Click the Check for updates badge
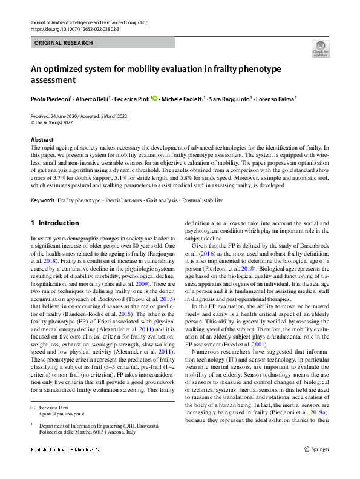[x=321, y=48]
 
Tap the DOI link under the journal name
[x=74, y=28]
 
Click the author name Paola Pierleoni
[x=51, y=98]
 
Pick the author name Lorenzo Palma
[x=261, y=98]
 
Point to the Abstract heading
[x=42, y=140]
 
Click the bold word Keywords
[x=42, y=182]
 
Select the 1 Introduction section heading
[x=55, y=223]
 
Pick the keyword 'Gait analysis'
[x=163, y=182]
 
